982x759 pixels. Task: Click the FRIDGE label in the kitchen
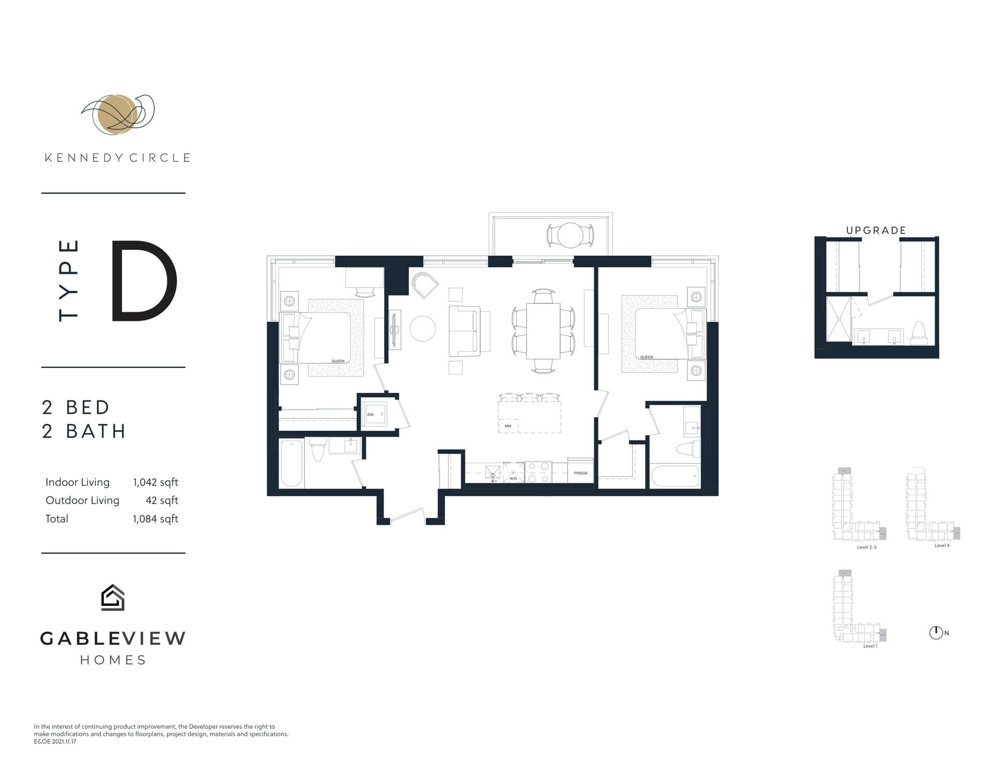point(580,473)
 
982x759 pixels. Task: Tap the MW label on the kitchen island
point(508,426)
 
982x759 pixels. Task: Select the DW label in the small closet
point(370,415)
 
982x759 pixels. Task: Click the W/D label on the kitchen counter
point(513,479)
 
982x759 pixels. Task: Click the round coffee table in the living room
point(423,328)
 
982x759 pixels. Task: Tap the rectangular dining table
point(543,331)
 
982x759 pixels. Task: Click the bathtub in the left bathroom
point(291,463)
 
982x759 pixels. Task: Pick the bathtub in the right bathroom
point(675,476)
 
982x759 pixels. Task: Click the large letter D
point(144,281)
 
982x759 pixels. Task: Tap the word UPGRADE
point(876,231)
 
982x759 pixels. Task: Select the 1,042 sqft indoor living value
point(155,482)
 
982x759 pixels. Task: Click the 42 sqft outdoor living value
point(162,500)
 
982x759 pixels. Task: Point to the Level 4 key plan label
point(942,545)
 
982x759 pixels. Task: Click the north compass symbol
point(935,632)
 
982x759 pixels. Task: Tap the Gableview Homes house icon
point(113,598)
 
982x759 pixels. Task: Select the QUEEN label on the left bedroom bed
point(337,361)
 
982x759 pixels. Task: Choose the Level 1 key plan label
point(870,646)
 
